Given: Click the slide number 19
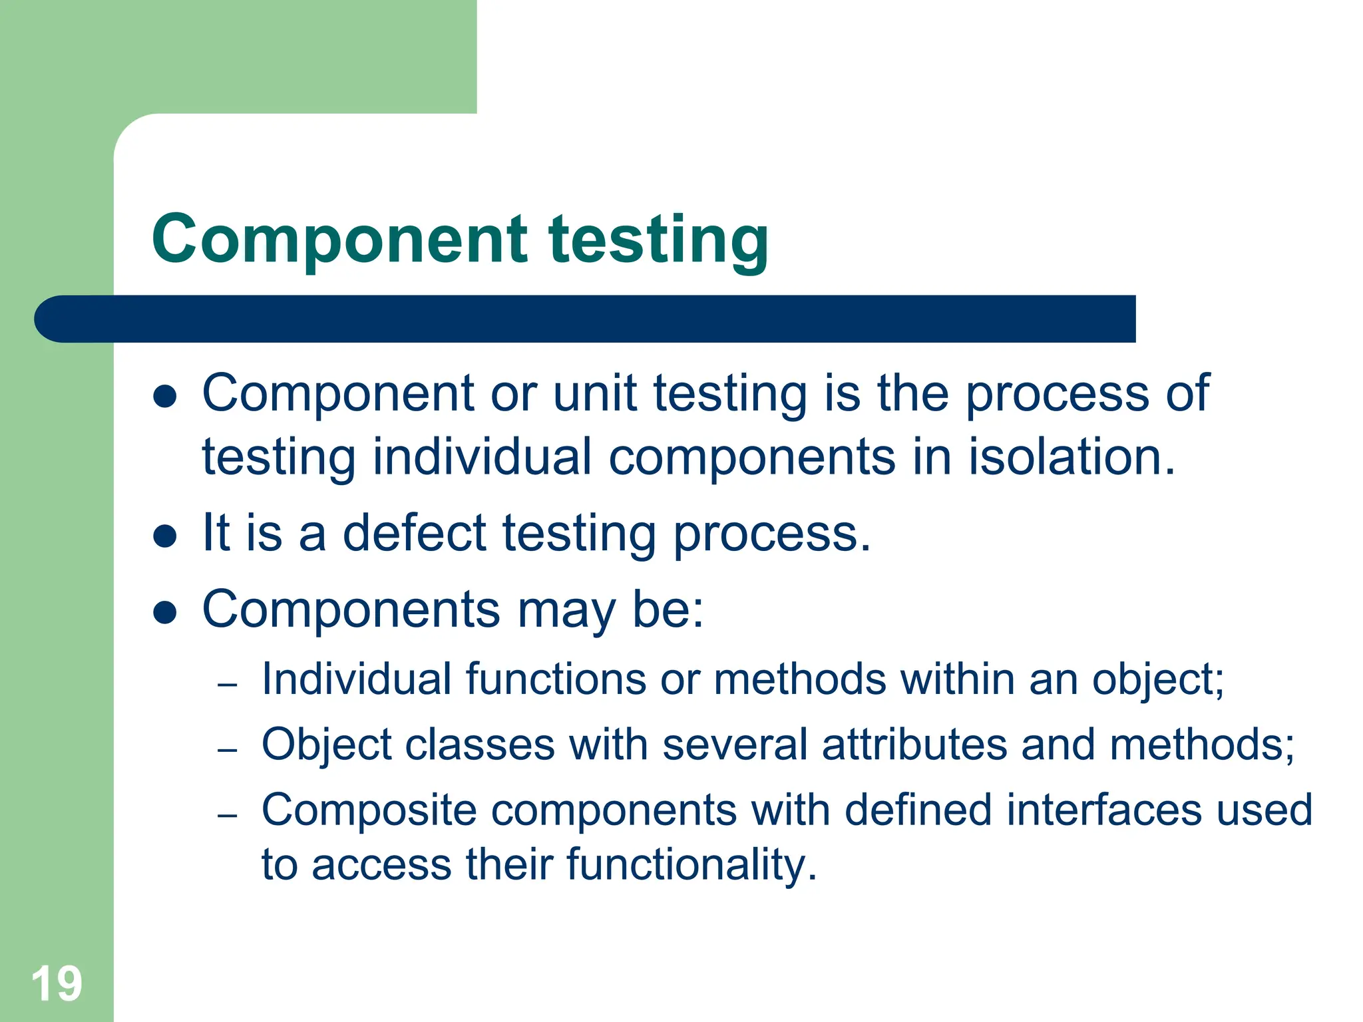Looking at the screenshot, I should [57, 983].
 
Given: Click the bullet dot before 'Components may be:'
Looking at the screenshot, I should [164, 612].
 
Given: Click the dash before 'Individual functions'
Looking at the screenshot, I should [228, 685].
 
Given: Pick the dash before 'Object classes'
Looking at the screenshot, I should [228, 750].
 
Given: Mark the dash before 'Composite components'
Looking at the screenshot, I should [228, 815].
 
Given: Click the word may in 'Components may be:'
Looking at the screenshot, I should [566, 611].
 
